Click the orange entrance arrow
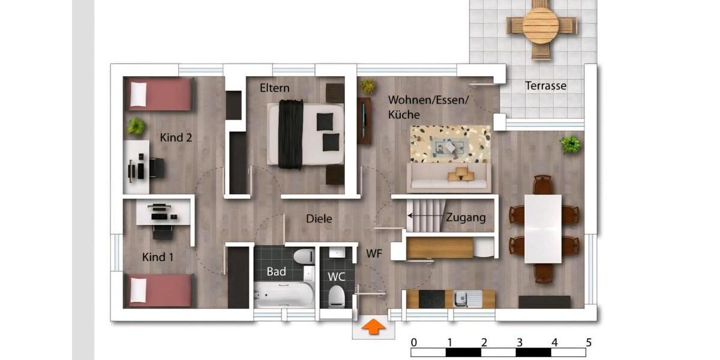tap(373, 327)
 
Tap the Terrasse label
tap(545, 86)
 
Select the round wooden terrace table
tap(541, 25)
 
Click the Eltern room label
tap(274, 88)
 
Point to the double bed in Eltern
tap(306, 133)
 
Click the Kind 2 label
tap(176, 137)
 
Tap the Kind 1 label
tap(158, 257)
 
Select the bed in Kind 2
tap(160, 94)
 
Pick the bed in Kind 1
tap(160, 290)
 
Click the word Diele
tap(319, 219)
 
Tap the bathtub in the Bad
tap(283, 295)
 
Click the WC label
tap(337, 277)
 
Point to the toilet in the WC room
tap(337, 296)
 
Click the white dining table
tap(542, 229)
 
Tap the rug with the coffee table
tap(449, 145)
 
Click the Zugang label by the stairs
tap(466, 217)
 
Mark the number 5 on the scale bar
tap(589, 343)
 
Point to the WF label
tap(374, 254)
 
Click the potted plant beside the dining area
tap(570, 144)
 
